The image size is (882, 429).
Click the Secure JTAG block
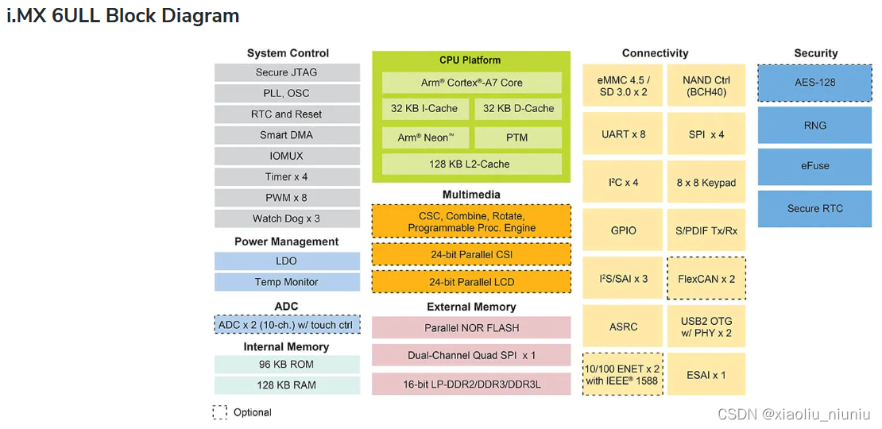pyautogui.click(x=287, y=72)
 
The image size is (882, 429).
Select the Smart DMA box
pyautogui.click(x=287, y=135)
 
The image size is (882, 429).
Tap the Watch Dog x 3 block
pyautogui.click(x=287, y=218)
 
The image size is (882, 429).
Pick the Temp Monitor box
pyautogui.click(x=287, y=282)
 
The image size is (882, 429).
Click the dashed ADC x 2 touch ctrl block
pyautogui.click(x=287, y=324)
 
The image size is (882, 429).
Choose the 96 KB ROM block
pyautogui.click(x=287, y=364)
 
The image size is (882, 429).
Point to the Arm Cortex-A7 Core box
pyautogui.click(x=471, y=83)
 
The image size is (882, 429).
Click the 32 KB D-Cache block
pyautogui.click(x=518, y=109)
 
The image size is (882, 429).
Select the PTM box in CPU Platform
pyautogui.click(x=518, y=137)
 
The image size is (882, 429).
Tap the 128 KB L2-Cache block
pyautogui.click(x=471, y=164)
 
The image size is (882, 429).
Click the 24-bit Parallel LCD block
pyautogui.click(x=471, y=282)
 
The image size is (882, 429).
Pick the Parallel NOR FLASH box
pyautogui.click(x=471, y=327)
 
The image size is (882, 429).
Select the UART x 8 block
pyautogui.click(x=623, y=134)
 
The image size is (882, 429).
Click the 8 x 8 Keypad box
pyautogui.click(x=706, y=183)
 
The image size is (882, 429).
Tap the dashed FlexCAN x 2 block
pyautogui.click(x=706, y=279)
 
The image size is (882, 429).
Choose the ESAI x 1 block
pyautogui.click(x=706, y=375)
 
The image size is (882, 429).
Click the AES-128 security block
pyautogui.click(x=815, y=83)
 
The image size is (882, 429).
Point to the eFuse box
pyautogui.click(x=815, y=166)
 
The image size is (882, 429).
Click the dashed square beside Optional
pyautogui.click(x=220, y=412)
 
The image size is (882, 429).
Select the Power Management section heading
pyautogui.click(x=287, y=242)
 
